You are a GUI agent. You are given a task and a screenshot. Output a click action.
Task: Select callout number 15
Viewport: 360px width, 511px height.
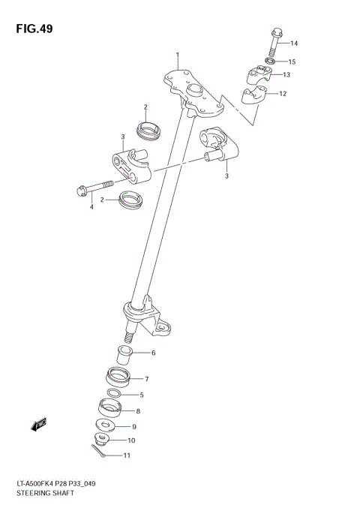tap(292, 62)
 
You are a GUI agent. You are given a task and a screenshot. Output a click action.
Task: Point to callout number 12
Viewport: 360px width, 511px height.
tap(283, 94)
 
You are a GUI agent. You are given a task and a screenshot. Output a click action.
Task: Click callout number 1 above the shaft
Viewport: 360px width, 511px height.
tap(178, 55)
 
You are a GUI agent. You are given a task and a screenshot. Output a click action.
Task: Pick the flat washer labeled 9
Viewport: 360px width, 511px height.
tap(105, 425)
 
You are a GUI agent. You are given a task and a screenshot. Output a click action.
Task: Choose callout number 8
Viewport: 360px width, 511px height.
tap(137, 410)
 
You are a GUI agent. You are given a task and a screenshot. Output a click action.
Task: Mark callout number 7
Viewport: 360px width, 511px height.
tap(146, 379)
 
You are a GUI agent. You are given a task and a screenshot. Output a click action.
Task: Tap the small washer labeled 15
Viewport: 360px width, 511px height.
tap(271, 62)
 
